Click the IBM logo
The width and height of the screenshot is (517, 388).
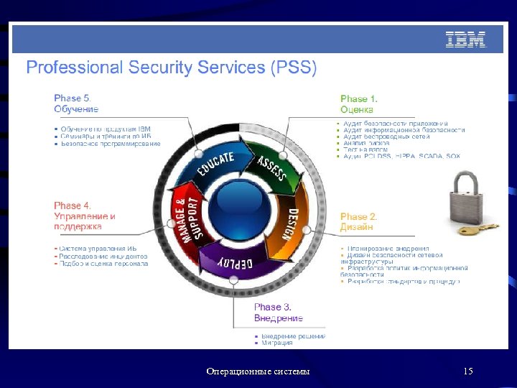pos(465,40)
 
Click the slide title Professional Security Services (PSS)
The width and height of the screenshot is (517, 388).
pos(171,68)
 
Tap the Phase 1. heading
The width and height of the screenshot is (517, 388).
pos(358,99)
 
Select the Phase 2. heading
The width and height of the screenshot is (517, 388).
pos(358,216)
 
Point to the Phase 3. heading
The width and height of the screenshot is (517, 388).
pos(272,307)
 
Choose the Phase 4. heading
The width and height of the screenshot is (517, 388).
pos(73,205)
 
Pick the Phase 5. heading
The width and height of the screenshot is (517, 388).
pos(73,98)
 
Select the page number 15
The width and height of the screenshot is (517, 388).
pos(468,371)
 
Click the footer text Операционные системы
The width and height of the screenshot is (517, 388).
pos(258,371)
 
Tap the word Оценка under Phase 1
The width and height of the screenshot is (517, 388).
pos(357,110)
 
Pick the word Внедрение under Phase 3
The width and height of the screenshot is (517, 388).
pos(279,318)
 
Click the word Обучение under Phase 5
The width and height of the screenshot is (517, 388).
pos(76,109)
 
